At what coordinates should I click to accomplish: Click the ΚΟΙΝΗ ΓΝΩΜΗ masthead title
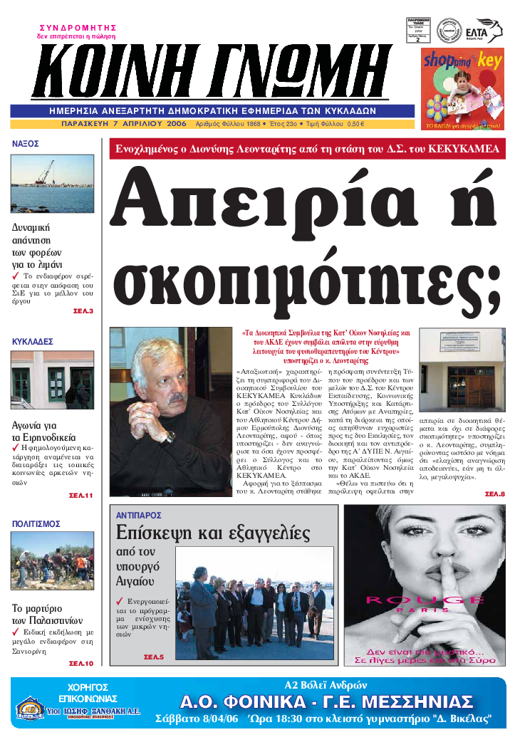(x=214, y=71)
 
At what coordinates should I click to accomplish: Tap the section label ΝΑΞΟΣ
(x=26, y=143)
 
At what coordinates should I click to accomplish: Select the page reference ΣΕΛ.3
(x=83, y=311)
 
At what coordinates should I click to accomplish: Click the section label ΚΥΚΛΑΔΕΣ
(x=33, y=342)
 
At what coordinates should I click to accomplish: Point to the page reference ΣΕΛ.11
(x=80, y=495)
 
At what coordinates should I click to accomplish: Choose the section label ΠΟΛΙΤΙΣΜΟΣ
(x=36, y=523)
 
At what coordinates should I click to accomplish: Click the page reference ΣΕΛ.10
(x=80, y=663)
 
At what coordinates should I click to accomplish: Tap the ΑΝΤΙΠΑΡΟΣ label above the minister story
(x=139, y=514)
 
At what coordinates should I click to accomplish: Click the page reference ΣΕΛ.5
(x=154, y=657)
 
